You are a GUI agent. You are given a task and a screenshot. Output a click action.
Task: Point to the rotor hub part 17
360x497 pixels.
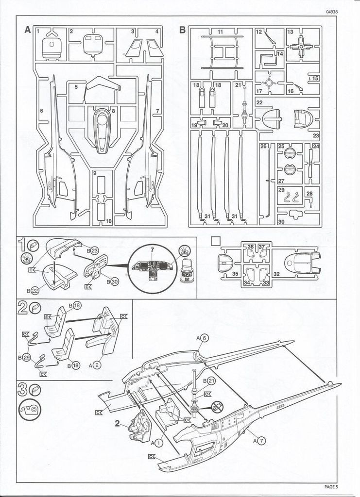271,80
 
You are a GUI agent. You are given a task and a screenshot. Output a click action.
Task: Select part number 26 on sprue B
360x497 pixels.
263,147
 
